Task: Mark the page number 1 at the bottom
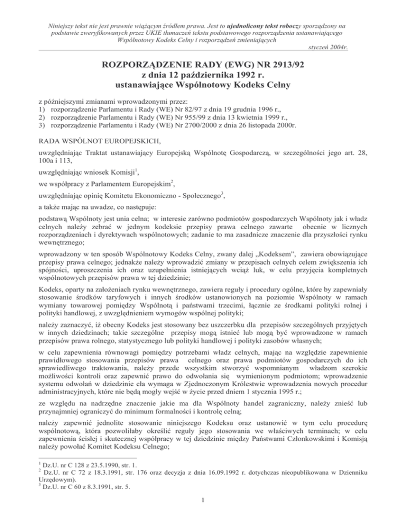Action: [203, 513]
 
